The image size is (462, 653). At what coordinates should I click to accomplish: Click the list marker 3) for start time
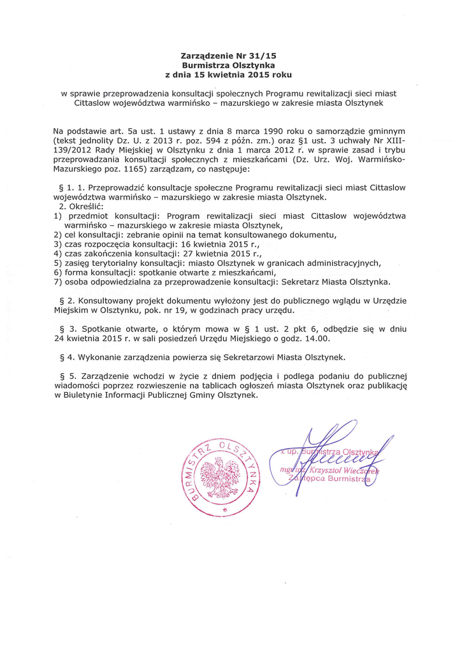point(57,244)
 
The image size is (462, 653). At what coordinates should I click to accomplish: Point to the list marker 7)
point(57,281)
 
